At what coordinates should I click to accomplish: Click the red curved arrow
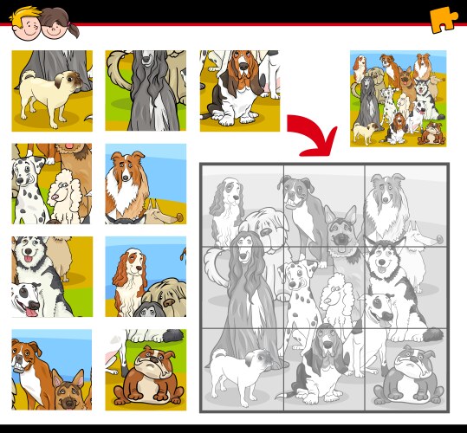313,132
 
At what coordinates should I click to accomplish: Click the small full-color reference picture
397,98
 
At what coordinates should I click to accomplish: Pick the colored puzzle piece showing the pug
51,90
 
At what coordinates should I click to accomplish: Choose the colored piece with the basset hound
239,90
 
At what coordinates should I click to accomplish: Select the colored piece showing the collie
145,184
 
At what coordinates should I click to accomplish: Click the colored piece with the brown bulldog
145,370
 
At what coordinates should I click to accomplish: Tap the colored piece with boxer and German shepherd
51,370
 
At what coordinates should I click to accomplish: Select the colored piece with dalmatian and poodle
51,184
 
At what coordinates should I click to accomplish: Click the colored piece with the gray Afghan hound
145,90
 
